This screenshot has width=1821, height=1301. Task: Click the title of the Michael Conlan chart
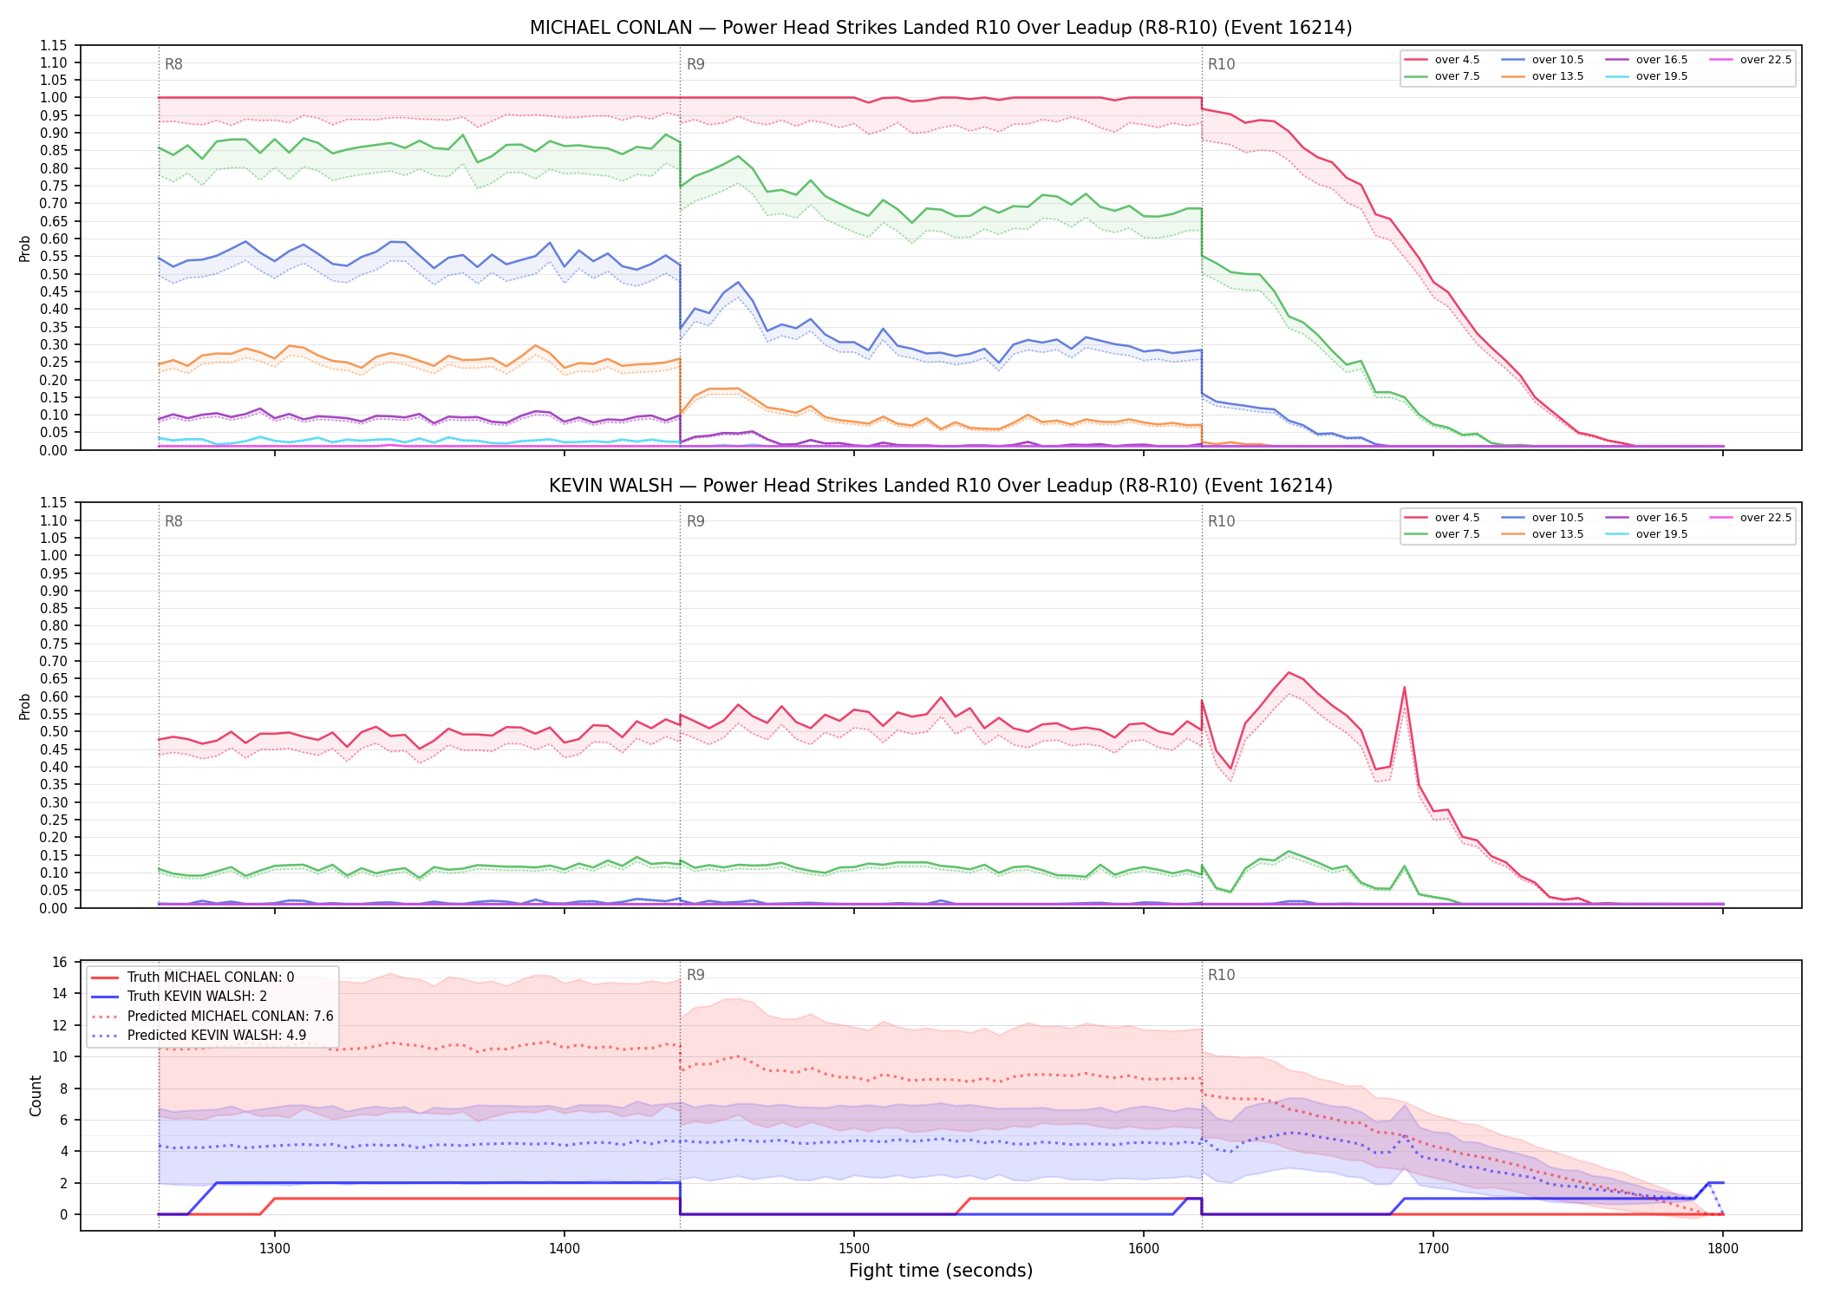tap(941, 28)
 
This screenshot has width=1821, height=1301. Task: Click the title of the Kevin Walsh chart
tap(941, 486)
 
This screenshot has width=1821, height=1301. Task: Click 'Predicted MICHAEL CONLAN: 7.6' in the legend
tap(212, 1016)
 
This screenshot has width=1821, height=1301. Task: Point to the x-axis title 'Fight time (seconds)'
tap(941, 1271)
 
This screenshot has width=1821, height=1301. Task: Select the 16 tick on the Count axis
tap(60, 962)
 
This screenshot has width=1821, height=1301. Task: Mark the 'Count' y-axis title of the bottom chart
tap(36, 1095)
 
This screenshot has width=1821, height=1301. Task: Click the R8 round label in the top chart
tap(173, 64)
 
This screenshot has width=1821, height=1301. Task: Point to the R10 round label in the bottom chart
tap(1222, 975)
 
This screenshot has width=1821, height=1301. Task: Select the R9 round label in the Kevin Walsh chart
tap(695, 521)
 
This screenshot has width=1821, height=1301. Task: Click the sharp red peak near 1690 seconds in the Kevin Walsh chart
tap(1404, 688)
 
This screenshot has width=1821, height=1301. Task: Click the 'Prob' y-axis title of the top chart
tap(25, 248)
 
